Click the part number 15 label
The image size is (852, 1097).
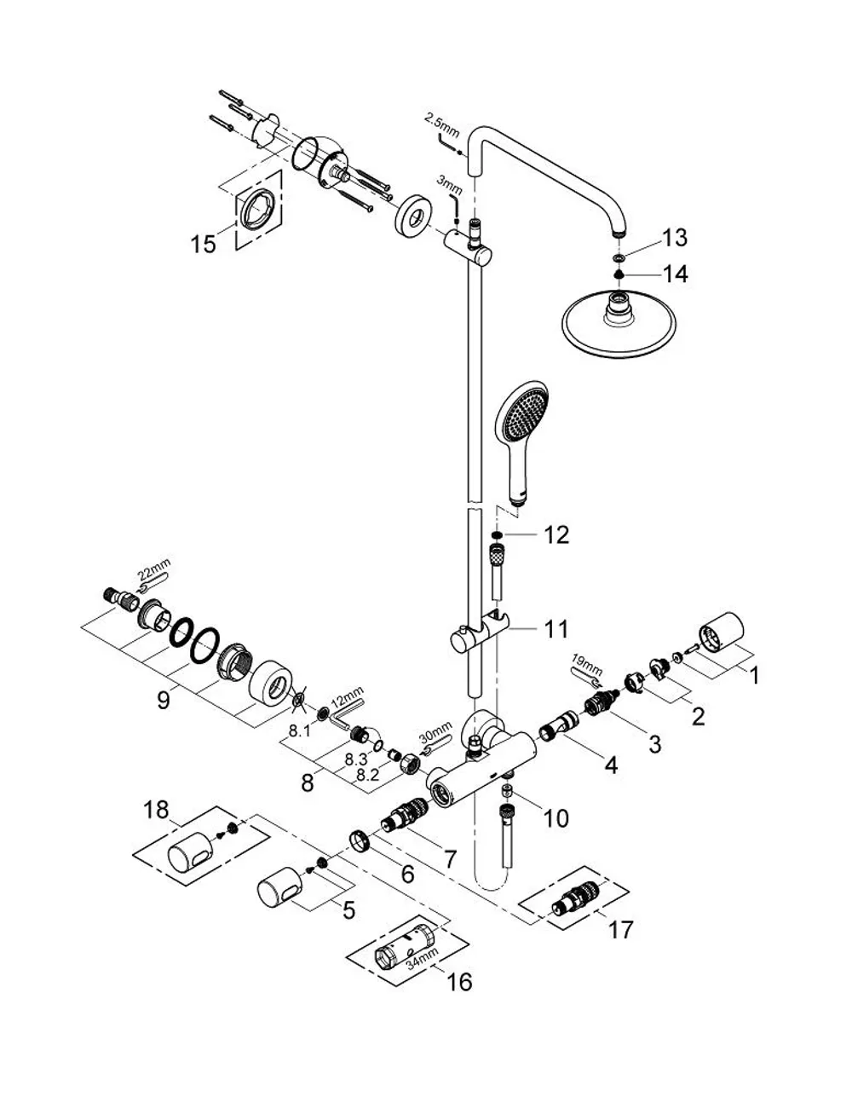[204, 245]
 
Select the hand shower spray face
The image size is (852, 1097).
[521, 414]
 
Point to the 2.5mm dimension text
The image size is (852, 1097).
[442, 125]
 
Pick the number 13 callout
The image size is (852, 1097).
[675, 237]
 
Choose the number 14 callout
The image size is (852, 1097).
[675, 274]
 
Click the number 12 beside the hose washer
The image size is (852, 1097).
[556, 535]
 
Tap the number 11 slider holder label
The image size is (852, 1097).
[556, 630]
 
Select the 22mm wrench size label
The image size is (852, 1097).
[153, 569]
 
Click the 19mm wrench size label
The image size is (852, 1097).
[587, 666]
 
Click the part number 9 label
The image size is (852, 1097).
[163, 701]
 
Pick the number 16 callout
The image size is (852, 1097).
[459, 982]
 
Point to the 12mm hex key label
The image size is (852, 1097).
[347, 696]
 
